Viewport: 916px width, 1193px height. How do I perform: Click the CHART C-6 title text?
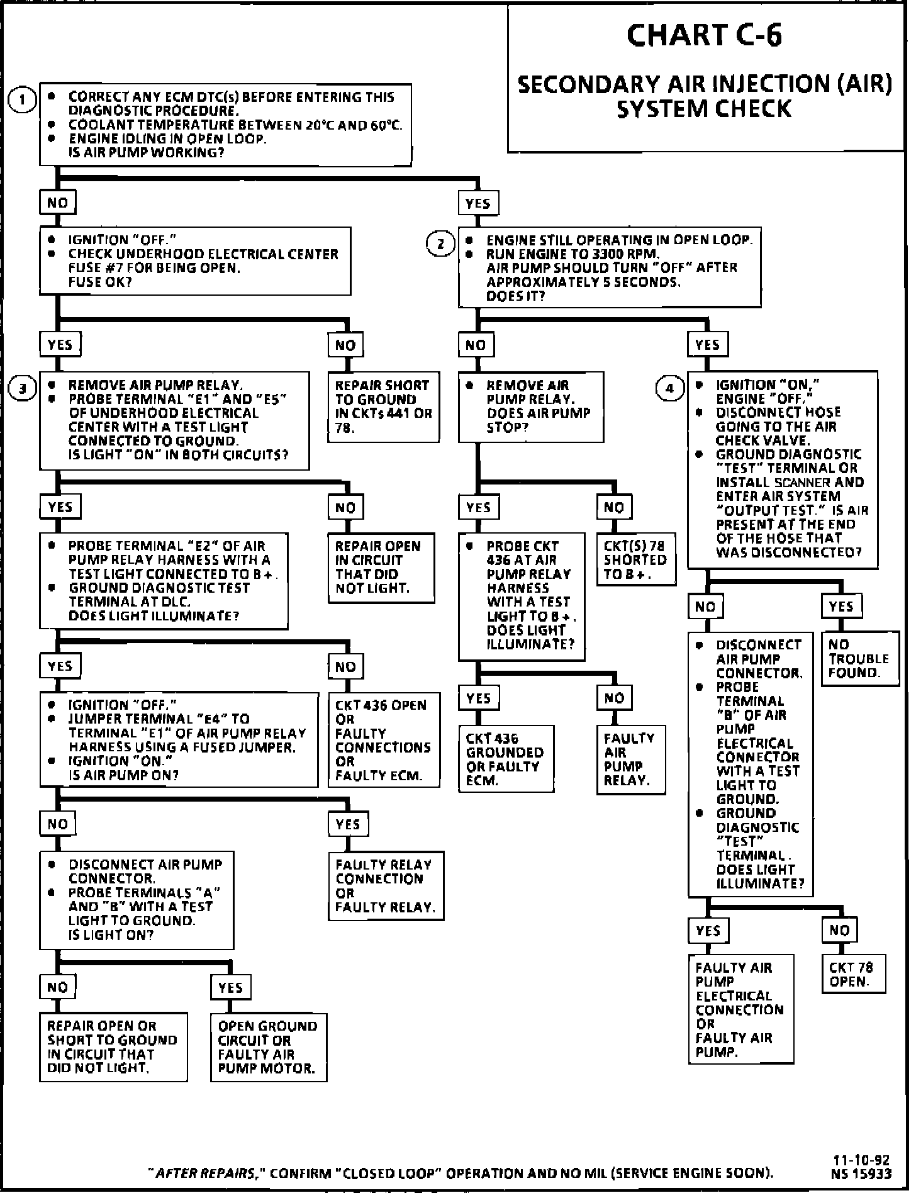pyautogui.click(x=704, y=35)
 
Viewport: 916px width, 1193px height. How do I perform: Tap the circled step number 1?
pyautogui.click(x=23, y=100)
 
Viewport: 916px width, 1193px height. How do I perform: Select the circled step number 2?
pyautogui.click(x=440, y=244)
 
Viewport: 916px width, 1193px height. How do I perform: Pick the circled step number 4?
pyautogui.click(x=669, y=388)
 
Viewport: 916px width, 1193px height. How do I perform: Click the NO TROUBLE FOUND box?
pyautogui.click(x=859, y=659)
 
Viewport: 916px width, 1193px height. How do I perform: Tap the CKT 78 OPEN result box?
pyautogui.click(x=852, y=974)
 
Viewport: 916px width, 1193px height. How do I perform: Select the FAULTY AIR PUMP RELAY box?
pyautogui.click(x=630, y=759)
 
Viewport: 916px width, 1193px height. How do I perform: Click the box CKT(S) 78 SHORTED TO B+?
pyautogui.click(x=635, y=559)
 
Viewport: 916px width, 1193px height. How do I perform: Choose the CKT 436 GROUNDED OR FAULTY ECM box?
pyautogui.click(x=505, y=759)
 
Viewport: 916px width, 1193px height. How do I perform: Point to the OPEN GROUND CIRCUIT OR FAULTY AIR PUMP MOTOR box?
pyautogui.click(x=268, y=1047)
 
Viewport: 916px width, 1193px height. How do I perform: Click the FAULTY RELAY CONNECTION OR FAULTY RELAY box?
pyautogui.click(x=385, y=886)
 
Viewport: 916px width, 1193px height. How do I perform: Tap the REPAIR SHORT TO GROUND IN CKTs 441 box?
pyautogui.click(x=383, y=406)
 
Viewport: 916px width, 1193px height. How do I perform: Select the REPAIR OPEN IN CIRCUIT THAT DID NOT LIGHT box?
pyautogui.click(x=380, y=567)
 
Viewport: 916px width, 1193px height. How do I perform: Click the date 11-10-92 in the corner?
pyautogui.click(x=861, y=1161)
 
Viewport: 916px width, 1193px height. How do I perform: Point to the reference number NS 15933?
pyautogui.click(x=861, y=1173)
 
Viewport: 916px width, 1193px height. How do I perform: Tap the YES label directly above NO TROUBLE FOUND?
pyautogui.click(x=841, y=607)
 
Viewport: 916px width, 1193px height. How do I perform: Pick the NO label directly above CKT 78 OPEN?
pyautogui.click(x=839, y=931)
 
